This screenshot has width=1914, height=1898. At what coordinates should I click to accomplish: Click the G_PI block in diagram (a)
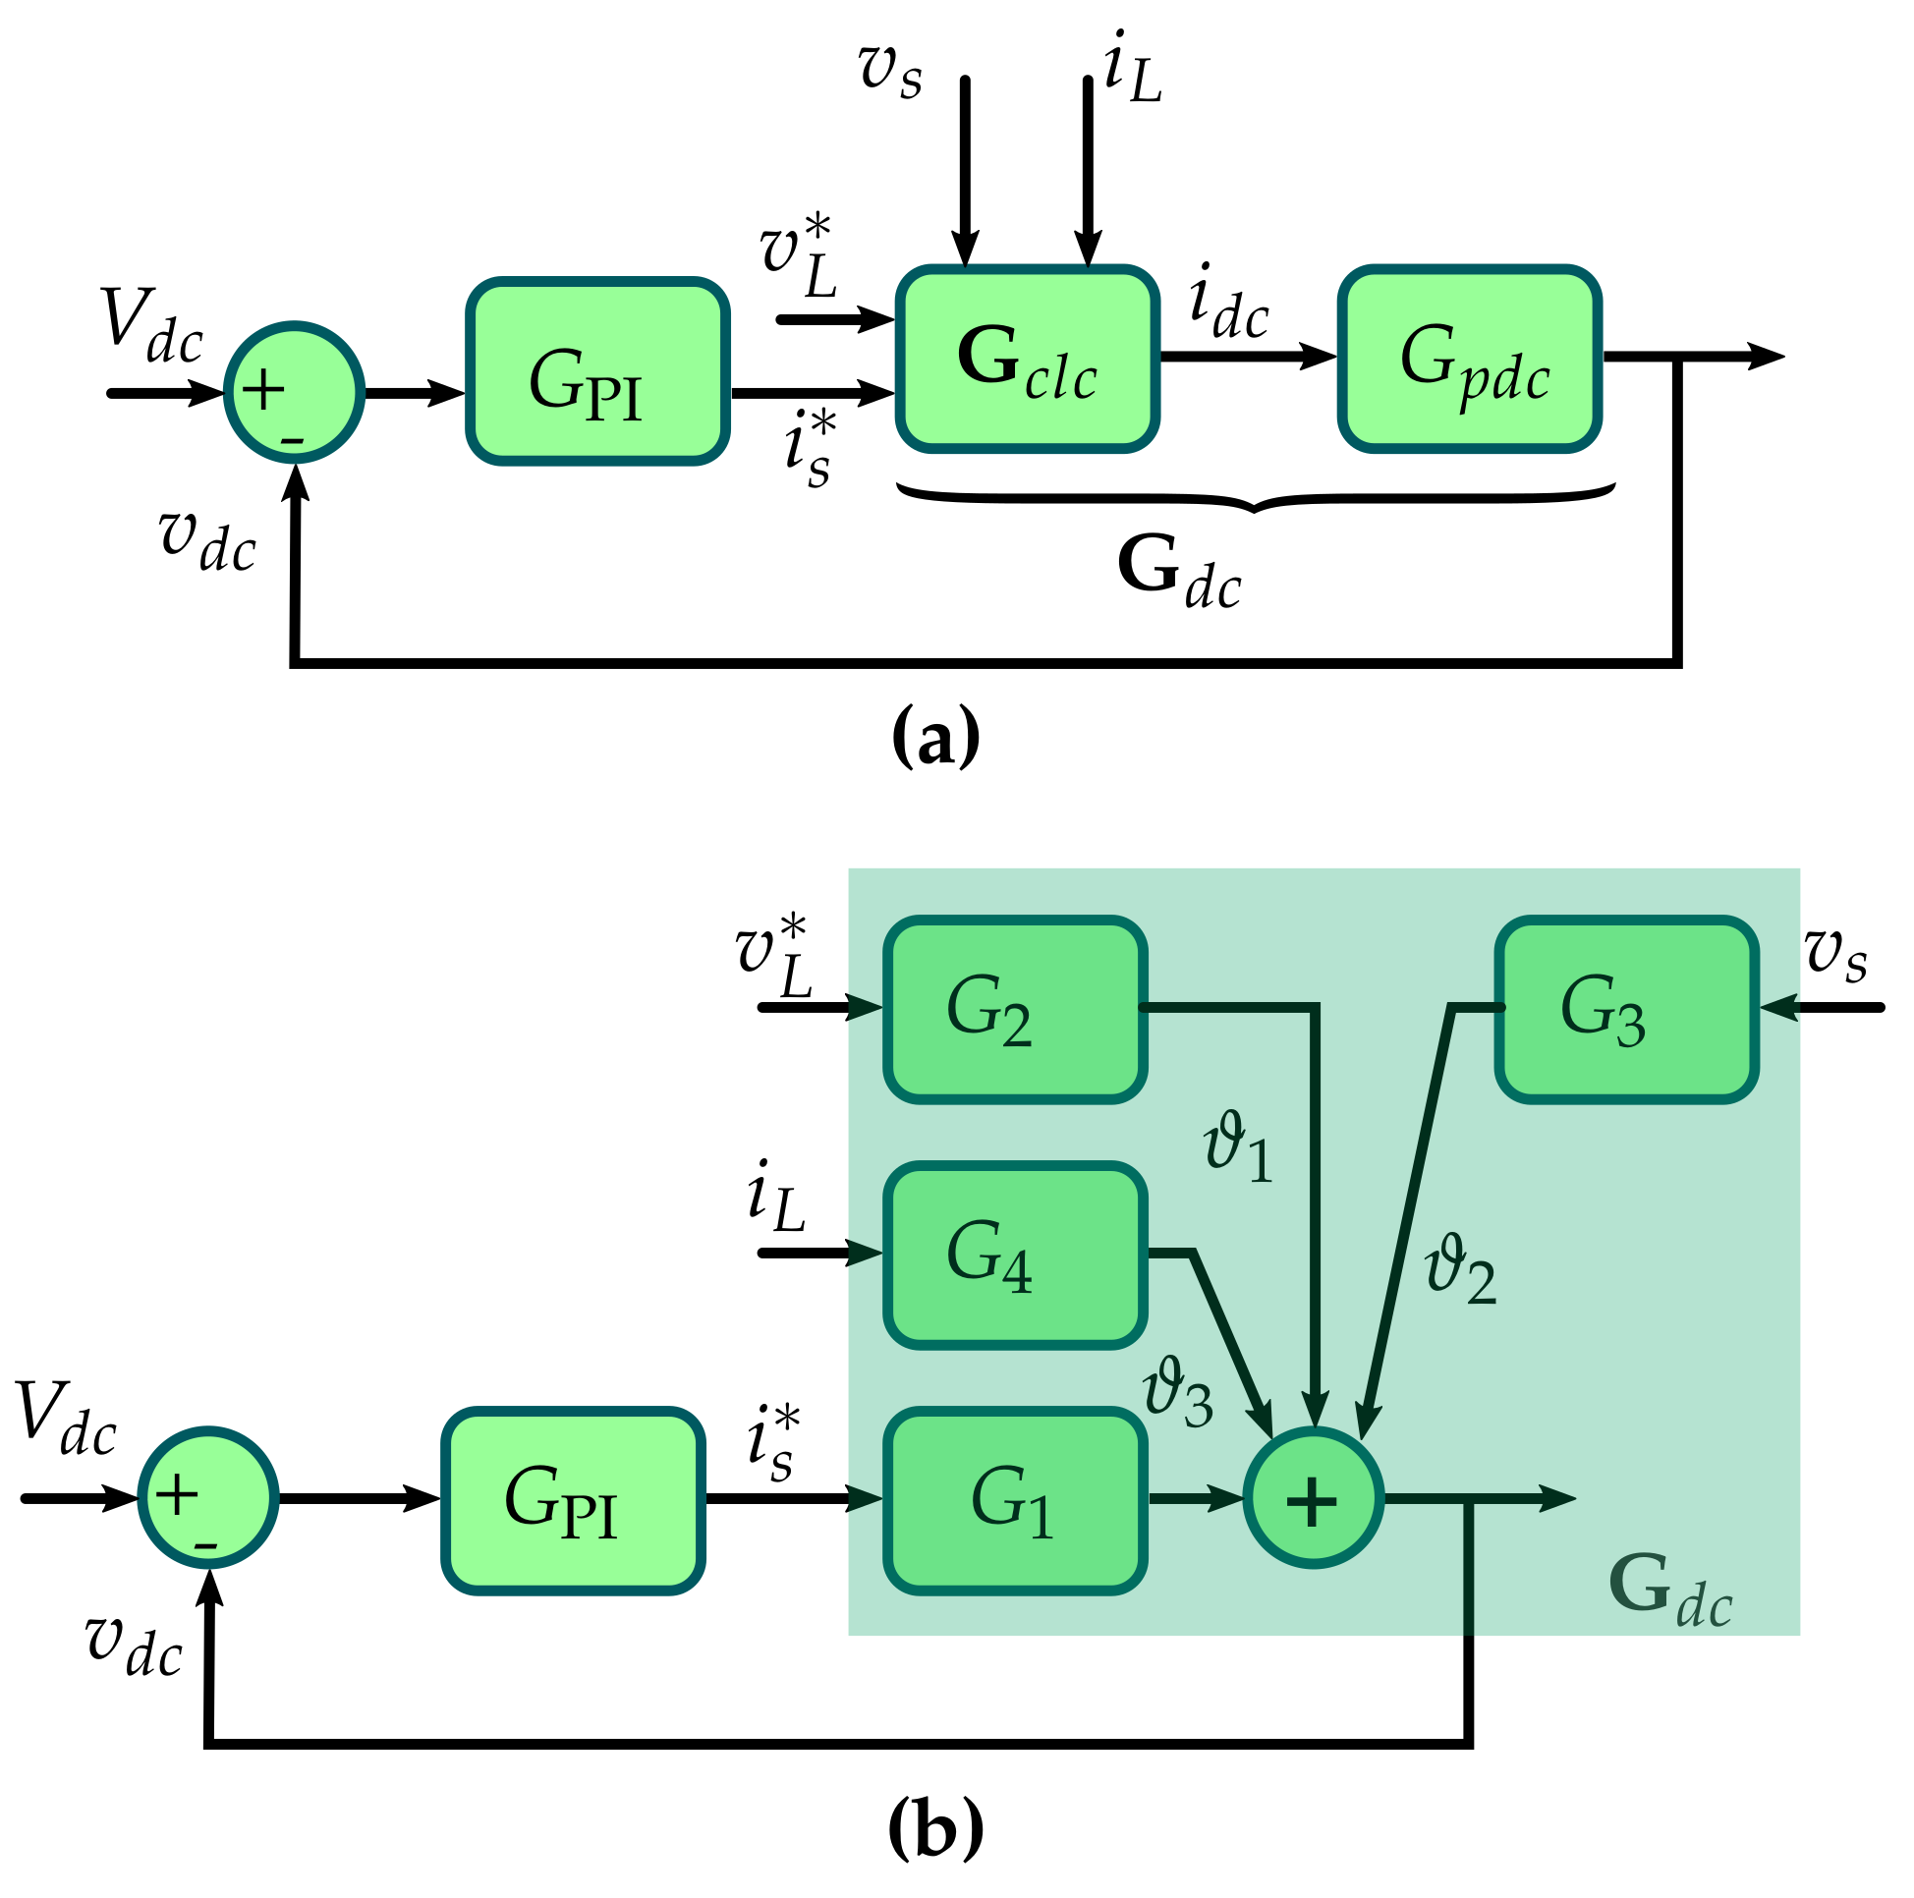[x=597, y=371]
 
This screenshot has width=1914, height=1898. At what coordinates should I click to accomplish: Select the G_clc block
[x=1028, y=359]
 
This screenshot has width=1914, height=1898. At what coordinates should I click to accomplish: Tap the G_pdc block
[x=1469, y=359]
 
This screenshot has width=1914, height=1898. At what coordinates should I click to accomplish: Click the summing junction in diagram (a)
[x=294, y=392]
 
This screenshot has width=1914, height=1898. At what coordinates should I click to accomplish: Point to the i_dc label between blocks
[x=1228, y=303]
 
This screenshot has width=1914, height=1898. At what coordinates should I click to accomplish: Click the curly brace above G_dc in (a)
[x=1255, y=498]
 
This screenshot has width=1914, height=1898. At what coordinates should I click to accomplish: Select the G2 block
[x=1014, y=1010]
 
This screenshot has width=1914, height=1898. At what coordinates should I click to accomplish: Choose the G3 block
[x=1626, y=1010]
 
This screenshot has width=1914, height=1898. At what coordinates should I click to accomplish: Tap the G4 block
[x=1014, y=1256]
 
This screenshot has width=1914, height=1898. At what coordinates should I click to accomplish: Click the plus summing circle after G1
[x=1313, y=1498]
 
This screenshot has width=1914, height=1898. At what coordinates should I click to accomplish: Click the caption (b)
[x=935, y=1829]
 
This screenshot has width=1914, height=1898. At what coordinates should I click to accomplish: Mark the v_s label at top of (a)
[x=890, y=72]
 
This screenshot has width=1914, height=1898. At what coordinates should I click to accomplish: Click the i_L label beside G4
[x=775, y=1197]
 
